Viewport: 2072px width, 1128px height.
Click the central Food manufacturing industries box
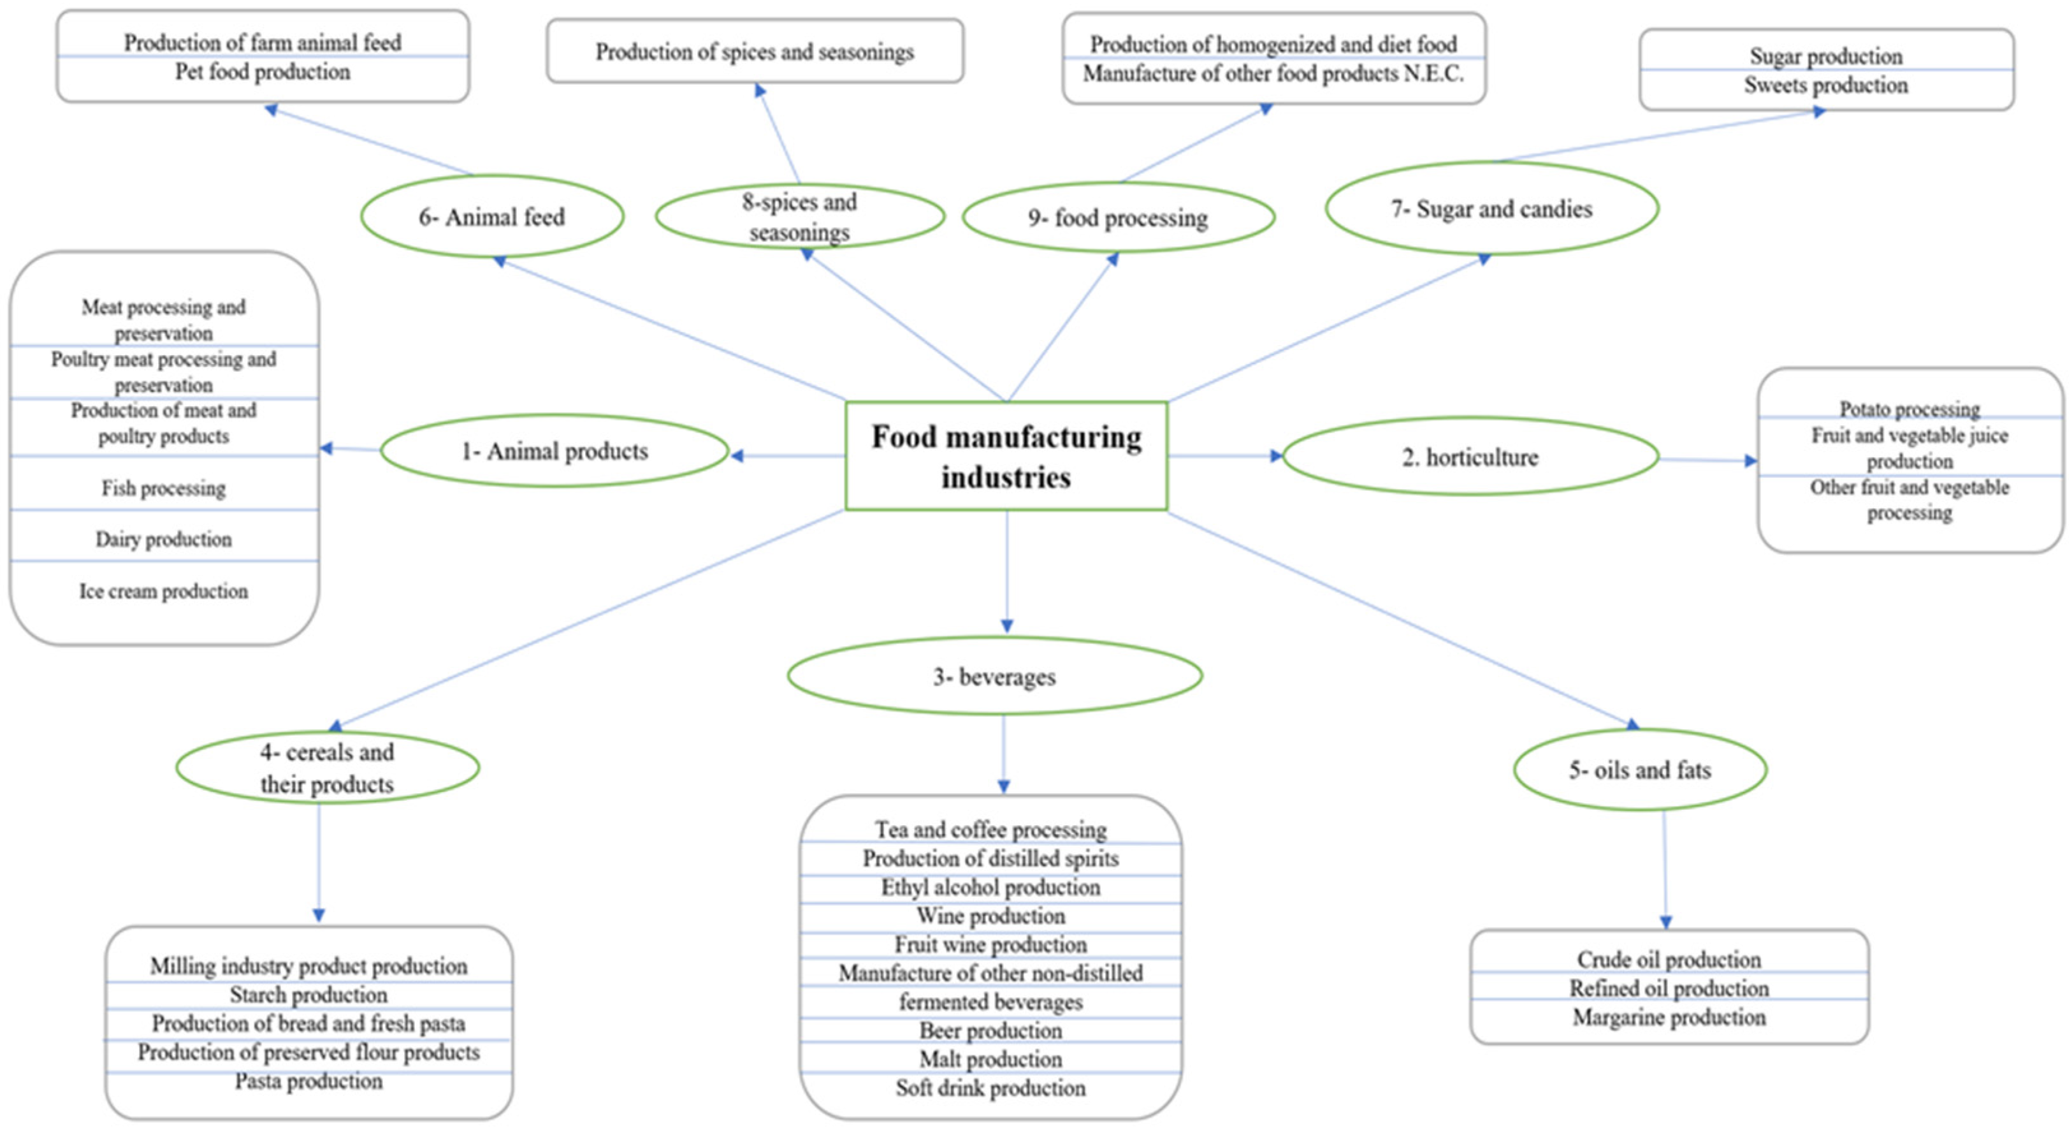pos(1006,456)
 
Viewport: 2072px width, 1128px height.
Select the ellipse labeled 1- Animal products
pos(554,451)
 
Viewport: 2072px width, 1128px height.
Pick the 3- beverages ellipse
pos(994,677)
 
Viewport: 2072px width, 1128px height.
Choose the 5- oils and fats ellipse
pos(1639,770)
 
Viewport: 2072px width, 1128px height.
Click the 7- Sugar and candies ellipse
pos(1491,209)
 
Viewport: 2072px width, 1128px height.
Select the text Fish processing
pos(163,488)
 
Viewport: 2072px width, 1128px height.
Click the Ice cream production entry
pos(163,591)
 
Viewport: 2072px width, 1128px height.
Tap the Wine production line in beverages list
pos(990,916)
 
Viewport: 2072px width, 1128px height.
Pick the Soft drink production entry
pos(990,1088)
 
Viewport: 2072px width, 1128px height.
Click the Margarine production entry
pos(1669,1018)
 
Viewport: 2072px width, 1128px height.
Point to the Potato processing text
pos(1909,409)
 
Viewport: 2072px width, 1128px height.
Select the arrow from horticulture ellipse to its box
pos(1707,460)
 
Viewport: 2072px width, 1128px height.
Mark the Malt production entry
pos(990,1058)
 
